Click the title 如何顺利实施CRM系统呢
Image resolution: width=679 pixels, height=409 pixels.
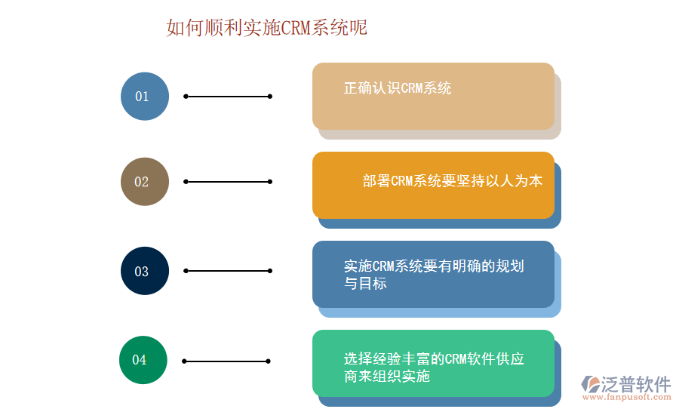coord(267,28)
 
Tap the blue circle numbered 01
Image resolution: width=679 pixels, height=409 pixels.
coord(144,97)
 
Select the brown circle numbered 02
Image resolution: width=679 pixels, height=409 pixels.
coord(144,182)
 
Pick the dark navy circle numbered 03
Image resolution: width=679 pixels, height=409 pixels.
coord(144,271)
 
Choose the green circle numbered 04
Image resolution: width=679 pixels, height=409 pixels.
coord(143,360)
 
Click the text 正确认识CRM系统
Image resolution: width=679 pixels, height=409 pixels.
coord(398,88)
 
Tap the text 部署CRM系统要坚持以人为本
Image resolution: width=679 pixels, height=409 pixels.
coord(452,181)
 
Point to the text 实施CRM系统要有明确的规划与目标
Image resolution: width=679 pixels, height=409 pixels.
coord(433,275)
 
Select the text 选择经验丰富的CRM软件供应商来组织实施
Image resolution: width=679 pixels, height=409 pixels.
coord(433,367)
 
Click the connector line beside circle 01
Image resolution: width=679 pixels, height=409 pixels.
coord(228,97)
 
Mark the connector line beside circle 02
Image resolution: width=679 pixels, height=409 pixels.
coord(228,182)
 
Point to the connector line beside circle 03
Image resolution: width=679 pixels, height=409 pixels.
coord(228,271)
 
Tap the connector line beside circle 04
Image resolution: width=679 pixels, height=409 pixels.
coord(226,361)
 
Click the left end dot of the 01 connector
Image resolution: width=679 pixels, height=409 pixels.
coord(186,97)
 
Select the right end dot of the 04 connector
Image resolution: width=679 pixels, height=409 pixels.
coord(269,361)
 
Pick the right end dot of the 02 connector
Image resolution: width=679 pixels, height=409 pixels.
coord(270,182)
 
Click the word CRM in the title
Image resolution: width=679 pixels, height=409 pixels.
coord(296,28)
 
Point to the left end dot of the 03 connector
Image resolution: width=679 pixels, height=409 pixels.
coord(186,271)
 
